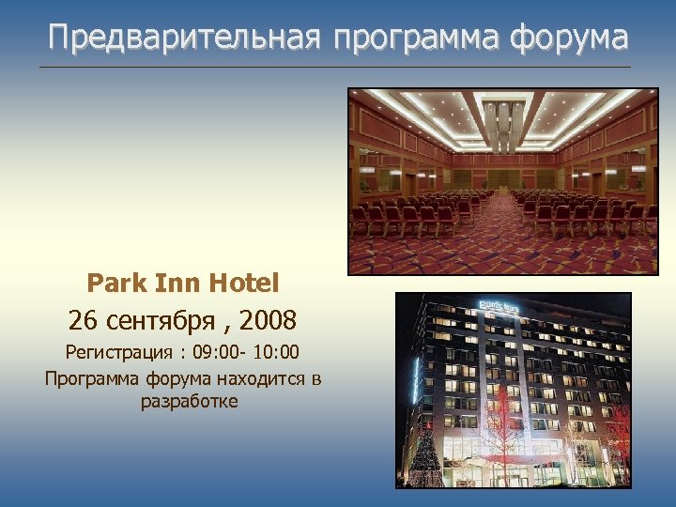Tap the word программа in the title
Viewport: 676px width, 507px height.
point(414,38)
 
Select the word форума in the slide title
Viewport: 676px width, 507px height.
point(569,38)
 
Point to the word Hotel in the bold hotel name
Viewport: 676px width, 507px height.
point(243,282)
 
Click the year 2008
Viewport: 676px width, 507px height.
point(268,321)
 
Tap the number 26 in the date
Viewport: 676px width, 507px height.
point(82,321)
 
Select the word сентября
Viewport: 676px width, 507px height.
point(156,321)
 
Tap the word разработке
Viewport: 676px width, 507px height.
point(189,402)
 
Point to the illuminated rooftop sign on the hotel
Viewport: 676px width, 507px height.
point(500,306)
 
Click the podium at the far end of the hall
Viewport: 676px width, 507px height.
point(503,178)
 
